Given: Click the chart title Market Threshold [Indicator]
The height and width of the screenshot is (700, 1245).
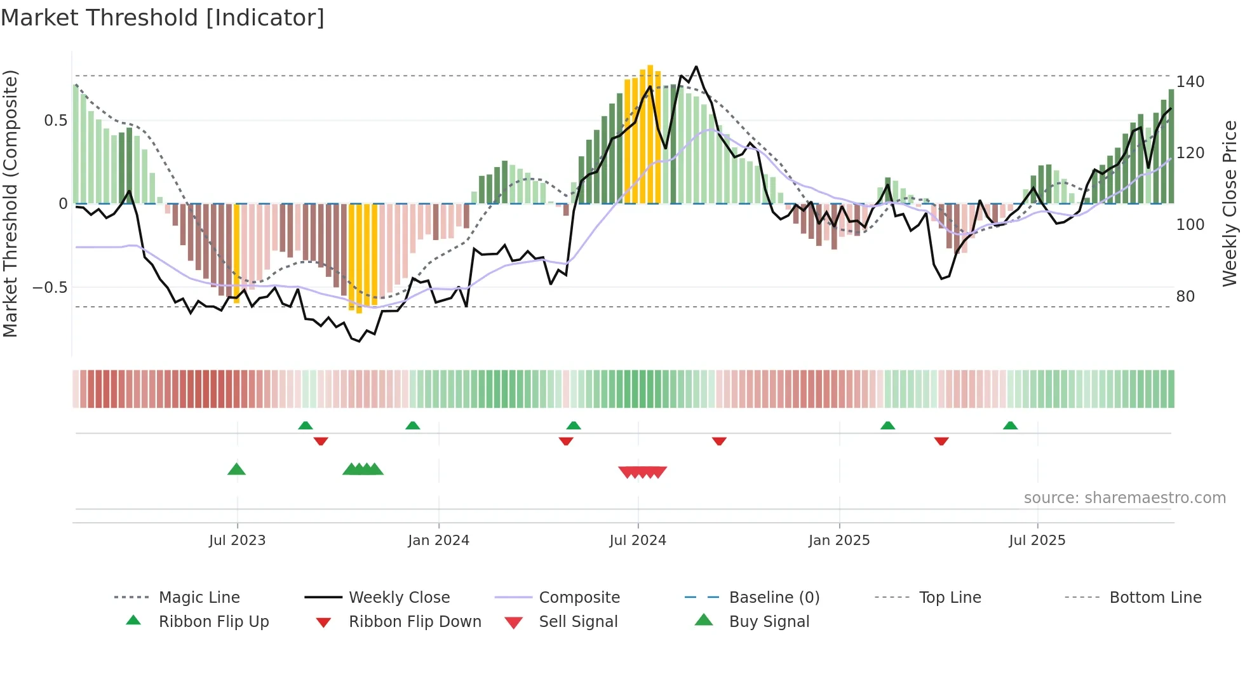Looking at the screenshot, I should [x=163, y=18].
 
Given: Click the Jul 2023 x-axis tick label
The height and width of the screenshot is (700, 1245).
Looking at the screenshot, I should [x=237, y=541].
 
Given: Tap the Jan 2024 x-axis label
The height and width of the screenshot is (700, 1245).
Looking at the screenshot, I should [x=438, y=541].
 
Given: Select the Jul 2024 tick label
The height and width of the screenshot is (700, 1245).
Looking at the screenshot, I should [x=638, y=541].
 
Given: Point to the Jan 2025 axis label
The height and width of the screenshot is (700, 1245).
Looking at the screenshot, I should [x=839, y=541].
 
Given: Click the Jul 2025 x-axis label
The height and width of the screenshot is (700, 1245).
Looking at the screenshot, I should [x=1037, y=541].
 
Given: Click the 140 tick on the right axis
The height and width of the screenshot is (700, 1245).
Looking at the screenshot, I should [x=1190, y=82].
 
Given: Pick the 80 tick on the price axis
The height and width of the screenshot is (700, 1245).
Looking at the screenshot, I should [x=1185, y=297].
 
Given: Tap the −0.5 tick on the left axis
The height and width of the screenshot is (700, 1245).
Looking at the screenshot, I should [x=50, y=288].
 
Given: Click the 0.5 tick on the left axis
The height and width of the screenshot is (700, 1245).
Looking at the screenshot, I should [x=55, y=121].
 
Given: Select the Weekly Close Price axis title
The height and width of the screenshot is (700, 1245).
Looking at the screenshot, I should [x=1230, y=203].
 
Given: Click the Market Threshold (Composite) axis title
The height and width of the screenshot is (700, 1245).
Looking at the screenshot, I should [x=10, y=203].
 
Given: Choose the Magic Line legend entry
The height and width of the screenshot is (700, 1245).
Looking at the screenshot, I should [x=199, y=598].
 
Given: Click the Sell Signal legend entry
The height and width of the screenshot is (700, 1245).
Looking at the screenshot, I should [x=578, y=622].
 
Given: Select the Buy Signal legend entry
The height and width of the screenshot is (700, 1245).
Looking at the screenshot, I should [x=769, y=622].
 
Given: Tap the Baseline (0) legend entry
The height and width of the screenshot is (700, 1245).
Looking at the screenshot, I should [x=774, y=598].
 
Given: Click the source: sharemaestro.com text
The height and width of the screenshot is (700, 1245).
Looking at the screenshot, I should [x=1124, y=498].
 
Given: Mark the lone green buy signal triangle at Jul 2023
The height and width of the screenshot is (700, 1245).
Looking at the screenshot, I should [x=236, y=469].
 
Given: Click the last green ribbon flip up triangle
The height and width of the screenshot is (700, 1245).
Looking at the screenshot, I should [x=1010, y=426].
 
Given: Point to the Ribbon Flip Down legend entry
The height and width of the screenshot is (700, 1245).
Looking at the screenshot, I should [x=415, y=622].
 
